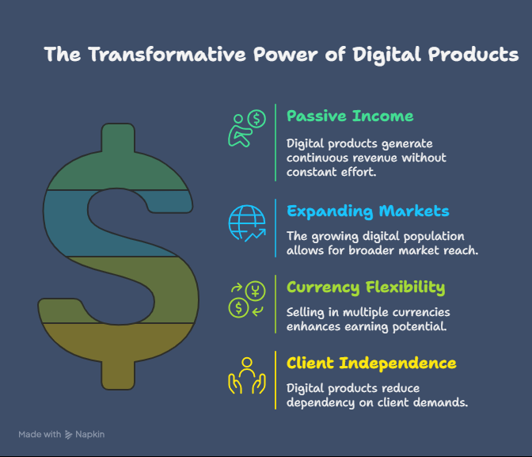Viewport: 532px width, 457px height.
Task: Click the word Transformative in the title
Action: click(167, 55)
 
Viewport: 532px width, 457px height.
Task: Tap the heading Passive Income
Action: click(350, 116)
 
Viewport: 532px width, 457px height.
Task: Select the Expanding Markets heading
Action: click(368, 211)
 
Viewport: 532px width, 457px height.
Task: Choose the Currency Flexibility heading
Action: click(366, 288)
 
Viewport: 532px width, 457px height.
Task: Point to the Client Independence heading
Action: click(371, 363)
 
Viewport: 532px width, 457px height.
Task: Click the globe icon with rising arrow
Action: click(247, 223)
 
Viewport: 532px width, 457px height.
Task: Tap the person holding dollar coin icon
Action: click(247, 128)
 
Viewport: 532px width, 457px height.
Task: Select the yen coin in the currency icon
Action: click(256, 291)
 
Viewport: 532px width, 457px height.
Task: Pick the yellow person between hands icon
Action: click(247, 375)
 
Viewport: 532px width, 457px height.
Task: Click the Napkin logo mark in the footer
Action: click(69, 435)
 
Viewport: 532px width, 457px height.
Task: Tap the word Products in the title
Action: click(473, 55)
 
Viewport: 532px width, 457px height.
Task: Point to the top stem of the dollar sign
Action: click(118, 137)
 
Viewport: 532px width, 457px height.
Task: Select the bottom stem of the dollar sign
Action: click(118, 375)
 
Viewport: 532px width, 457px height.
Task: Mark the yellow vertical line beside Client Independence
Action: click(275, 380)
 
